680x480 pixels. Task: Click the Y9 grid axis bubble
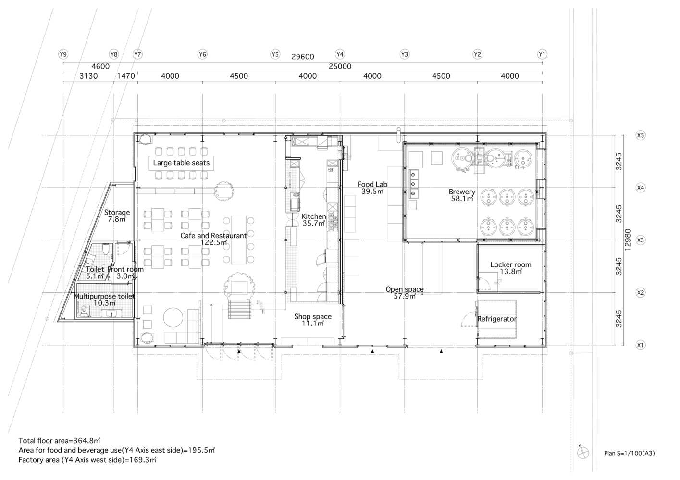63,54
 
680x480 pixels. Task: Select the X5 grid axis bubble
640,135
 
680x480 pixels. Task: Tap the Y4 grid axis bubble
340,54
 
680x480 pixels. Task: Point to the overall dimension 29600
303,57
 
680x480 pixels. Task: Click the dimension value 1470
126,76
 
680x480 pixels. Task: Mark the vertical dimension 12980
628,240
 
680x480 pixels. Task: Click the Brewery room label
462,192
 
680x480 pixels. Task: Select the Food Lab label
372,184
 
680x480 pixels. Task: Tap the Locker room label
511,264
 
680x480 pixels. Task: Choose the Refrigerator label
496,319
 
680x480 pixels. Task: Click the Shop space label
313,317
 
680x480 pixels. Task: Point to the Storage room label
117,213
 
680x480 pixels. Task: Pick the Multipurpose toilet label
104,296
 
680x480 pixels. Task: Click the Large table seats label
181,163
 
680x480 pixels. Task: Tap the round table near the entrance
173,317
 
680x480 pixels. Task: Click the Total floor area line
59,440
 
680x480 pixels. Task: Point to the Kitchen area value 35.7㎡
314,224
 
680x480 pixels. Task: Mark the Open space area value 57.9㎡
405,296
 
